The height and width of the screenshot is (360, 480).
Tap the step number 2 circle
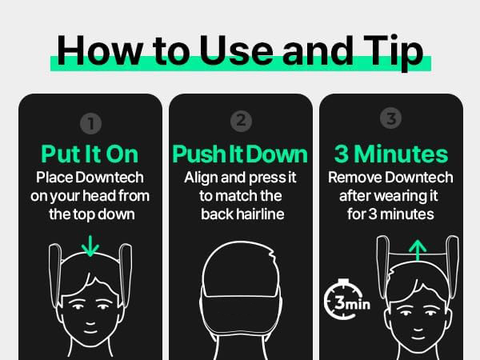[240, 122]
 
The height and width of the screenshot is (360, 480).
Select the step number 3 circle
[390, 119]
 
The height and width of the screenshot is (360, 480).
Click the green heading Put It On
[90, 154]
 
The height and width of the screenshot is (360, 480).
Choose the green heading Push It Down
[240, 154]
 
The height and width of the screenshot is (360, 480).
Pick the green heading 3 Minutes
[390, 152]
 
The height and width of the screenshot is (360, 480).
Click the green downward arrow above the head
[90, 245]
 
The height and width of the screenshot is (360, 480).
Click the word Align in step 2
[202, 176]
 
